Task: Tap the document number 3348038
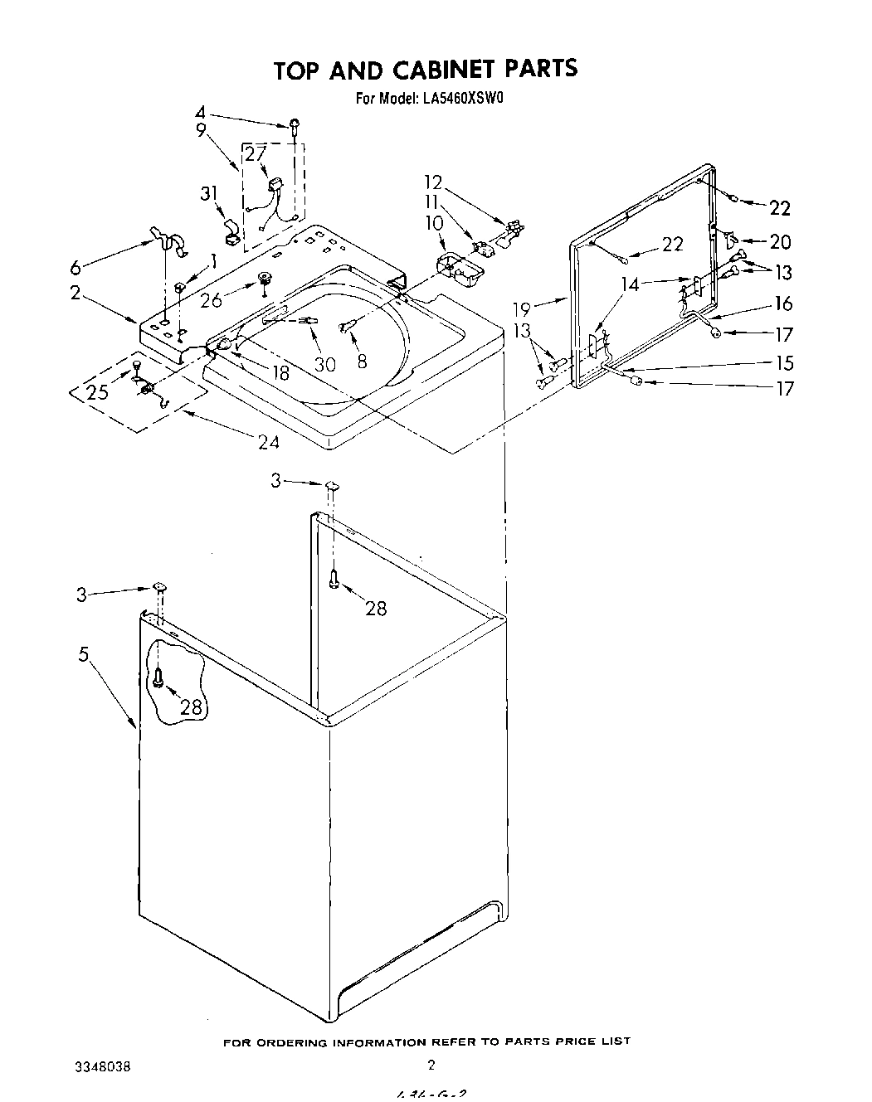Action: pos(104,1066)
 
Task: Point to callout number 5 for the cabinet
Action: pos(83,655)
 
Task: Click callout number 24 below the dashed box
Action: pos(268,442)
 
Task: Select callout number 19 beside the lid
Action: pos(521,310)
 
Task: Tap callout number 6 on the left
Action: pos(76,268)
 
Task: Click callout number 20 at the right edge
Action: pos(780,242)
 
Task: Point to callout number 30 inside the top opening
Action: pos(325,364)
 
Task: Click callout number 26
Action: pos(212,299)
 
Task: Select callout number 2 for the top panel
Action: pos(76,292)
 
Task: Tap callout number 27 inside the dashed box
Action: pos(256,154)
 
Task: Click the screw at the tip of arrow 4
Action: pos(295,125)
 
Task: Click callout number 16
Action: pos(783,303)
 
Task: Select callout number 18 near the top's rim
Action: pos(280,373)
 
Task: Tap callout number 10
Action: pos(435,224)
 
